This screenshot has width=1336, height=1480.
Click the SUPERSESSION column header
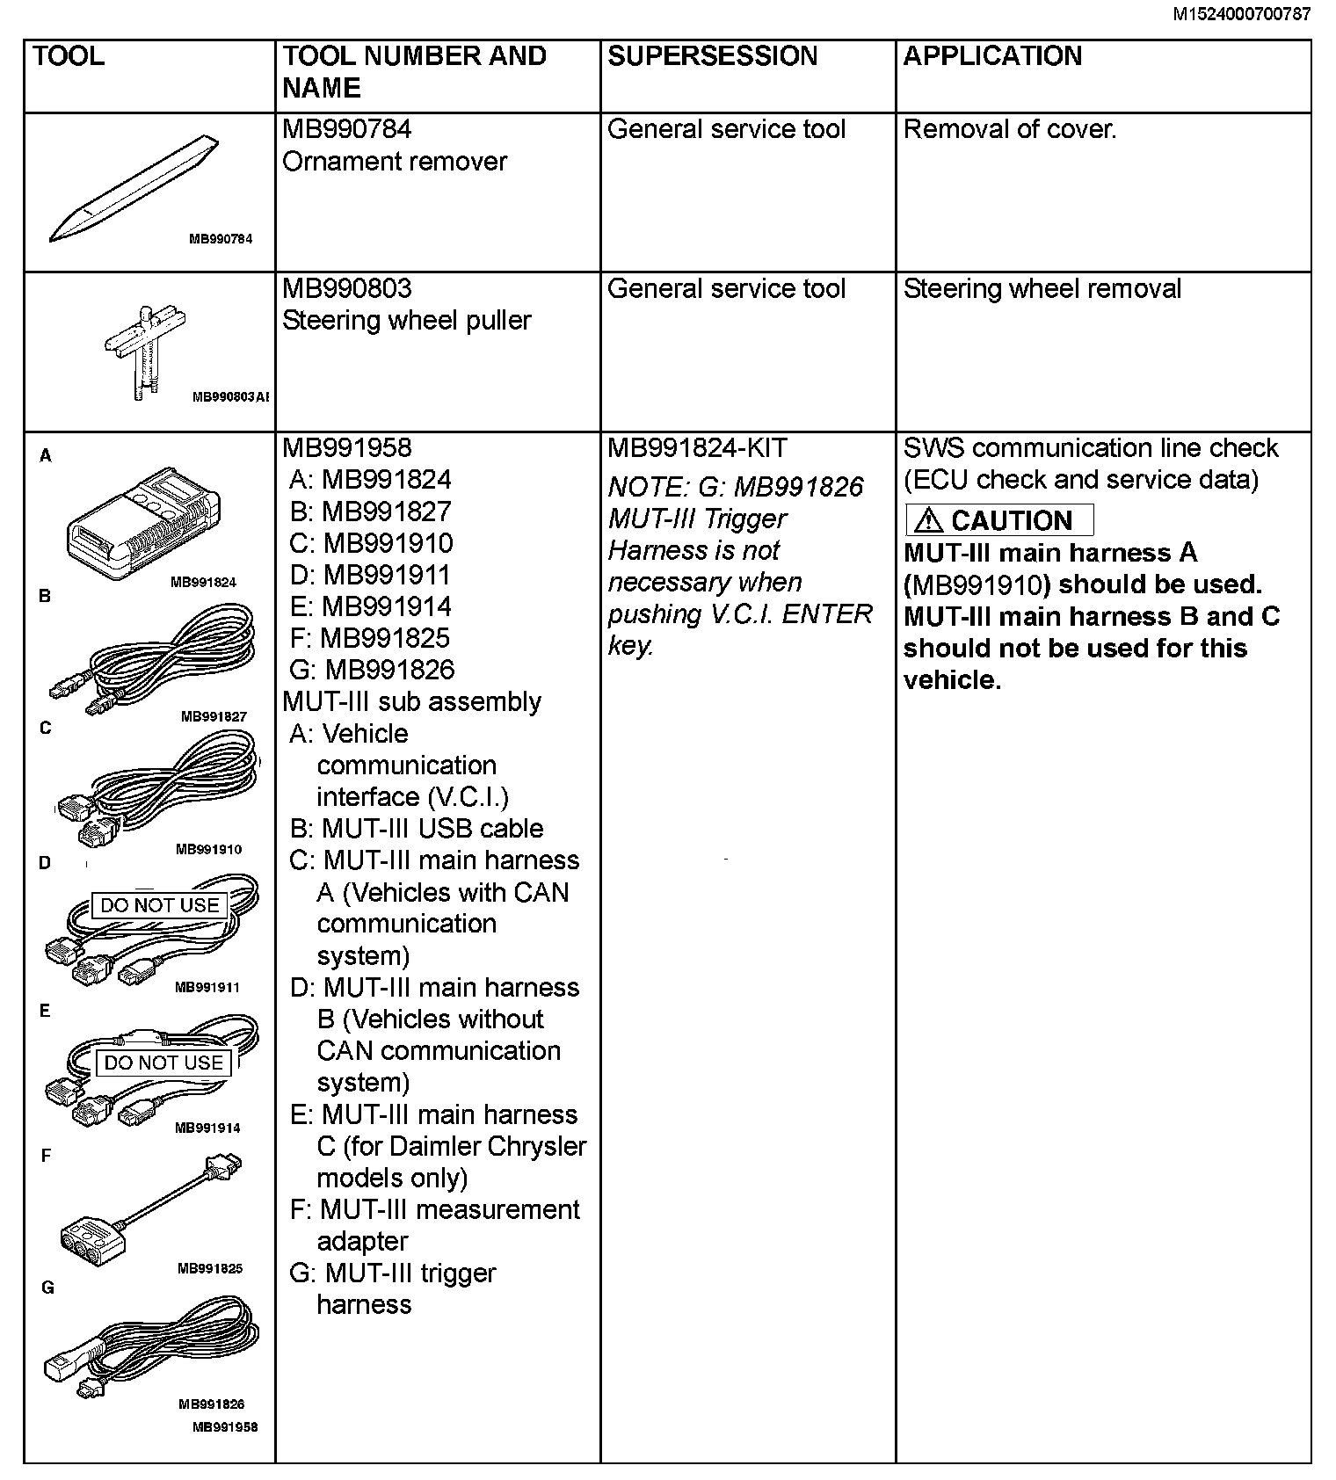click(x=712, y=56)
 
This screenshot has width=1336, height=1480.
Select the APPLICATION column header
click(x=992, y=56)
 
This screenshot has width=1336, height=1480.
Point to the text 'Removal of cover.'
click(x=1010, y=130)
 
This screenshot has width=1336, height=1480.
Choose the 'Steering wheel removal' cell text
click(x=1042, y=289)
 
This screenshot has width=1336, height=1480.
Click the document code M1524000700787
click(x=1242, y=14)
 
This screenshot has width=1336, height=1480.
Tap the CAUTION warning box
click(x=999, y=520)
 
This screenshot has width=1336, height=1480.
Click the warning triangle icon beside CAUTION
click(x=928, y=521)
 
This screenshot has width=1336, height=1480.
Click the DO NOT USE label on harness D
click(x=159, y=905)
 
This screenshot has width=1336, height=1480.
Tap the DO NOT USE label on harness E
click(x=163, y=1063)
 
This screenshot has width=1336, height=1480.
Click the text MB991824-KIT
click(x=697, y=448)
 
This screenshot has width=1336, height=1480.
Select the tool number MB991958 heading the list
click(x=346, y=448)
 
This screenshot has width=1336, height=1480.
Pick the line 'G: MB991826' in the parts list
click(x=372, y=671)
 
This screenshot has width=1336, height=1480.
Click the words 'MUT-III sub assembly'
click(x=411, y=702)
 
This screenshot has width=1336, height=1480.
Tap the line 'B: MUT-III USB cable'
click(x=417, y=829)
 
